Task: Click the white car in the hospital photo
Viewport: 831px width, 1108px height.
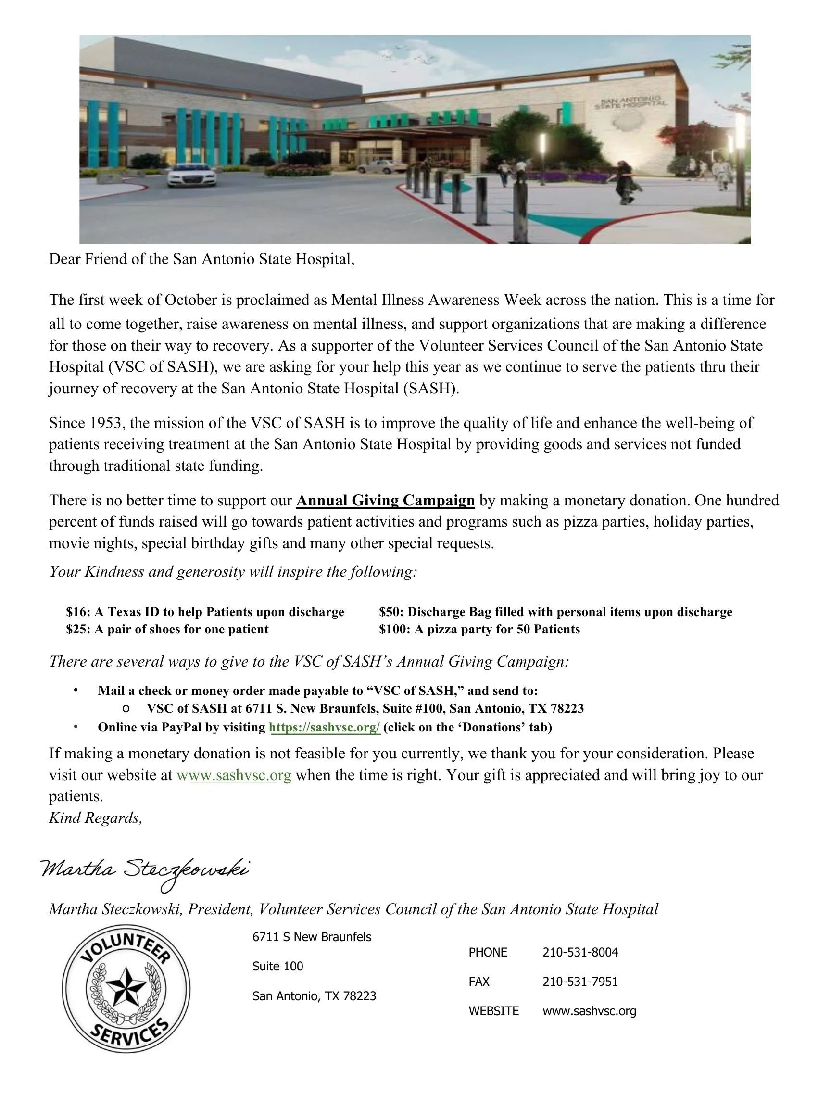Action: (x=191, y=177)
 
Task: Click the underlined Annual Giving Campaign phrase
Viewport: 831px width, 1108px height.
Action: (x=385, y=501)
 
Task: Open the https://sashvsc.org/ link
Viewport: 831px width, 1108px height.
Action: (x=325, y=727)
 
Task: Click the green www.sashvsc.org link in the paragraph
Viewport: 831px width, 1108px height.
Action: (x=233, y=775)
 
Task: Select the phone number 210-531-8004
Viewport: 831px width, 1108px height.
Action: (x=580, y=952)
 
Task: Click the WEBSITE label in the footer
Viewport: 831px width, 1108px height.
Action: (x=493, y=1011)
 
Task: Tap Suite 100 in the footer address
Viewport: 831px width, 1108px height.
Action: (x=277, y=966)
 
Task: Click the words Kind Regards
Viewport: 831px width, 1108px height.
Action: (x=95, y=818)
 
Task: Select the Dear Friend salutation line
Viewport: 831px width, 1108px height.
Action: (x=201, y=260)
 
